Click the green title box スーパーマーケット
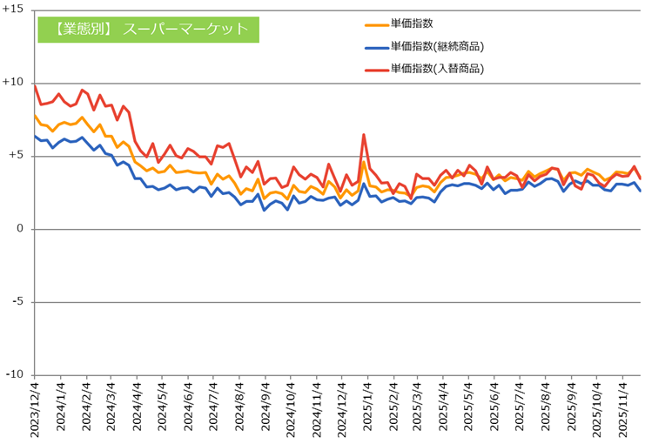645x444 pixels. (148, 29)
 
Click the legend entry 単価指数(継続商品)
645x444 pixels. (437, 46)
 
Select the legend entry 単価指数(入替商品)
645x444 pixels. (437, 67)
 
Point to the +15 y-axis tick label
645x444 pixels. (14, 10)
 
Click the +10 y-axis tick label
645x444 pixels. (14, 83)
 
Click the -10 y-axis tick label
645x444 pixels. (15, 375)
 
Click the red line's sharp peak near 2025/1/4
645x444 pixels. (363, 135)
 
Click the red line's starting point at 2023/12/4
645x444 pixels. (35, 85)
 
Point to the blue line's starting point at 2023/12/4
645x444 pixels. (35, 135)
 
